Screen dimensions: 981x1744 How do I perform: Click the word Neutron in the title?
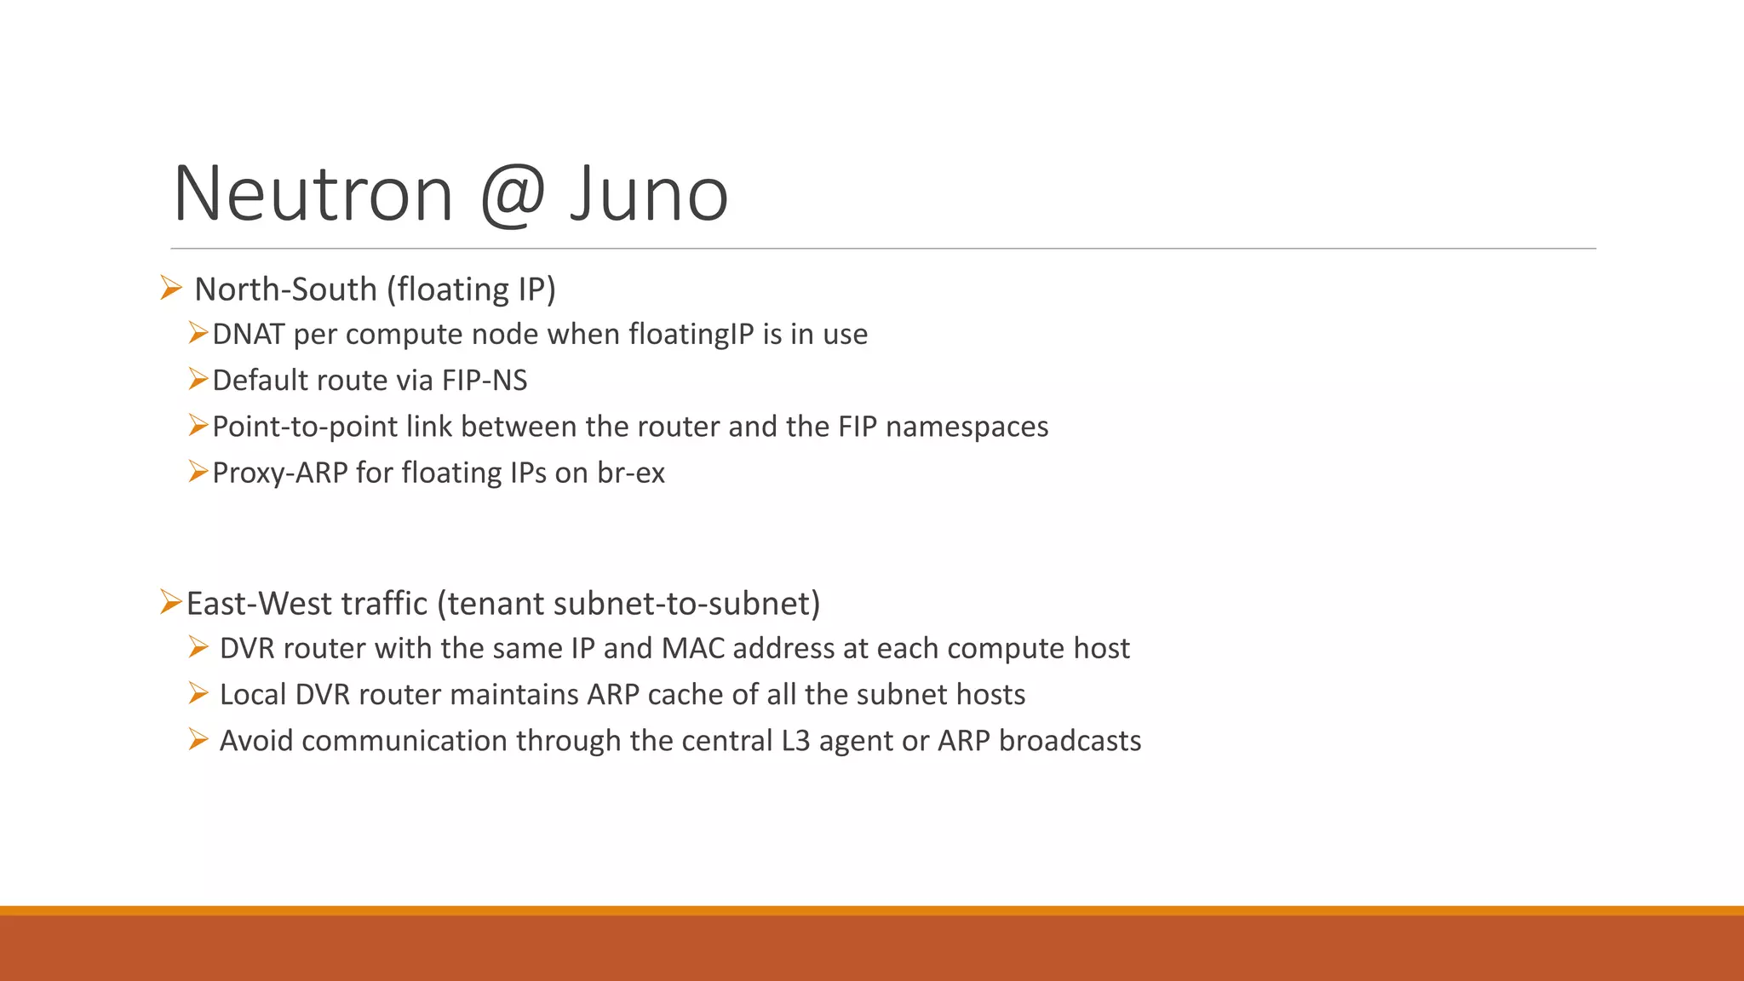point(313,194)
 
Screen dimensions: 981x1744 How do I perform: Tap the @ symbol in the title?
point(512,194)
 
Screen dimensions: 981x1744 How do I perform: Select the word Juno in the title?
point(649,194)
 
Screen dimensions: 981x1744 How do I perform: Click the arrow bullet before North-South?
point(170,289)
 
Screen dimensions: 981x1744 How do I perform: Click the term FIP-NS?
point(485,381)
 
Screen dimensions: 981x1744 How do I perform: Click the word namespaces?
point(967,427)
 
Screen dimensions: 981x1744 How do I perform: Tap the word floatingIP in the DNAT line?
point(691,335)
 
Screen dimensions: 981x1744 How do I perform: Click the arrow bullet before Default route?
point(198,379)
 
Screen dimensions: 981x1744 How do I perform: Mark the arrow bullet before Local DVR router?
point(198,694)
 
